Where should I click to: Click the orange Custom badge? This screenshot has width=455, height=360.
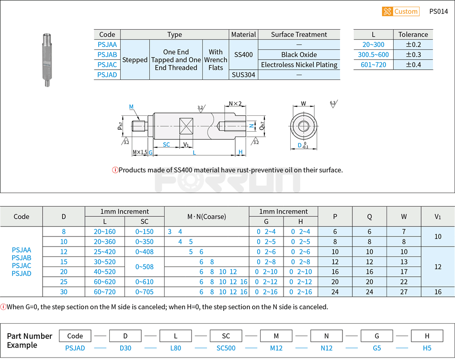[401, 11]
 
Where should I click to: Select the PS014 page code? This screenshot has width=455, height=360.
[438, 11]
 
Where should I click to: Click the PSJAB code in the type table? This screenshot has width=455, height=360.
[107, 55]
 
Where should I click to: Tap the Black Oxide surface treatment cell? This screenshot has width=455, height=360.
[299, 55]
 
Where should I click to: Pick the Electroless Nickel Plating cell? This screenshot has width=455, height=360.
[299, 65]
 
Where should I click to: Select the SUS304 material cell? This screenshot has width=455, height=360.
[243, 75]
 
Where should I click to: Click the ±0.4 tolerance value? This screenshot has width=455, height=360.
[413, 65]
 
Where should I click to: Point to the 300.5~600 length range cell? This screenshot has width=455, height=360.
[374, 55]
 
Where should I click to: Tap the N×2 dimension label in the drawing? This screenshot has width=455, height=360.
[235, 103]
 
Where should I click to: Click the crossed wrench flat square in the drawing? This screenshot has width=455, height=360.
[186, 126]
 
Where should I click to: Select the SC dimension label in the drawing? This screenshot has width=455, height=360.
[166, 145]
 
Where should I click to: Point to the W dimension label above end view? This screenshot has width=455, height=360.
[303, 103]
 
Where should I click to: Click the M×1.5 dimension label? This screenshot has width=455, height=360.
[140, 152]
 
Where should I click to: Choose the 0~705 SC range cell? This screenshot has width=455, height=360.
[145, 292]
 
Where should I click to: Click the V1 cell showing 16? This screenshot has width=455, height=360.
[438, 292]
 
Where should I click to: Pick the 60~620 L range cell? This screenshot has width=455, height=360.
[104, 282]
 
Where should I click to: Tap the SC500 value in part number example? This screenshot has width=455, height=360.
[226, 348]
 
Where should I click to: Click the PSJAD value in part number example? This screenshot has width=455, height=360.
[75, 348]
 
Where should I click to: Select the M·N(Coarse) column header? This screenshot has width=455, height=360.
[206, 216]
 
